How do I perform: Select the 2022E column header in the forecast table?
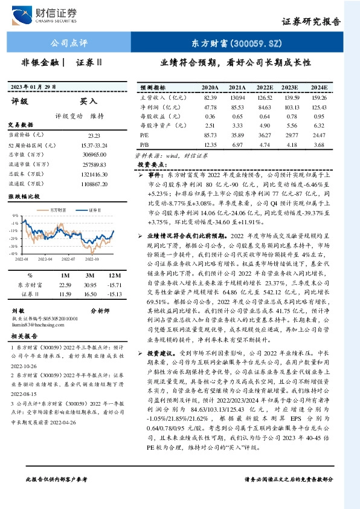(265, 88)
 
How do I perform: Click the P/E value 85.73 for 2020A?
(210, 135)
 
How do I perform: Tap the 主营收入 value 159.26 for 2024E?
(319, 97)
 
